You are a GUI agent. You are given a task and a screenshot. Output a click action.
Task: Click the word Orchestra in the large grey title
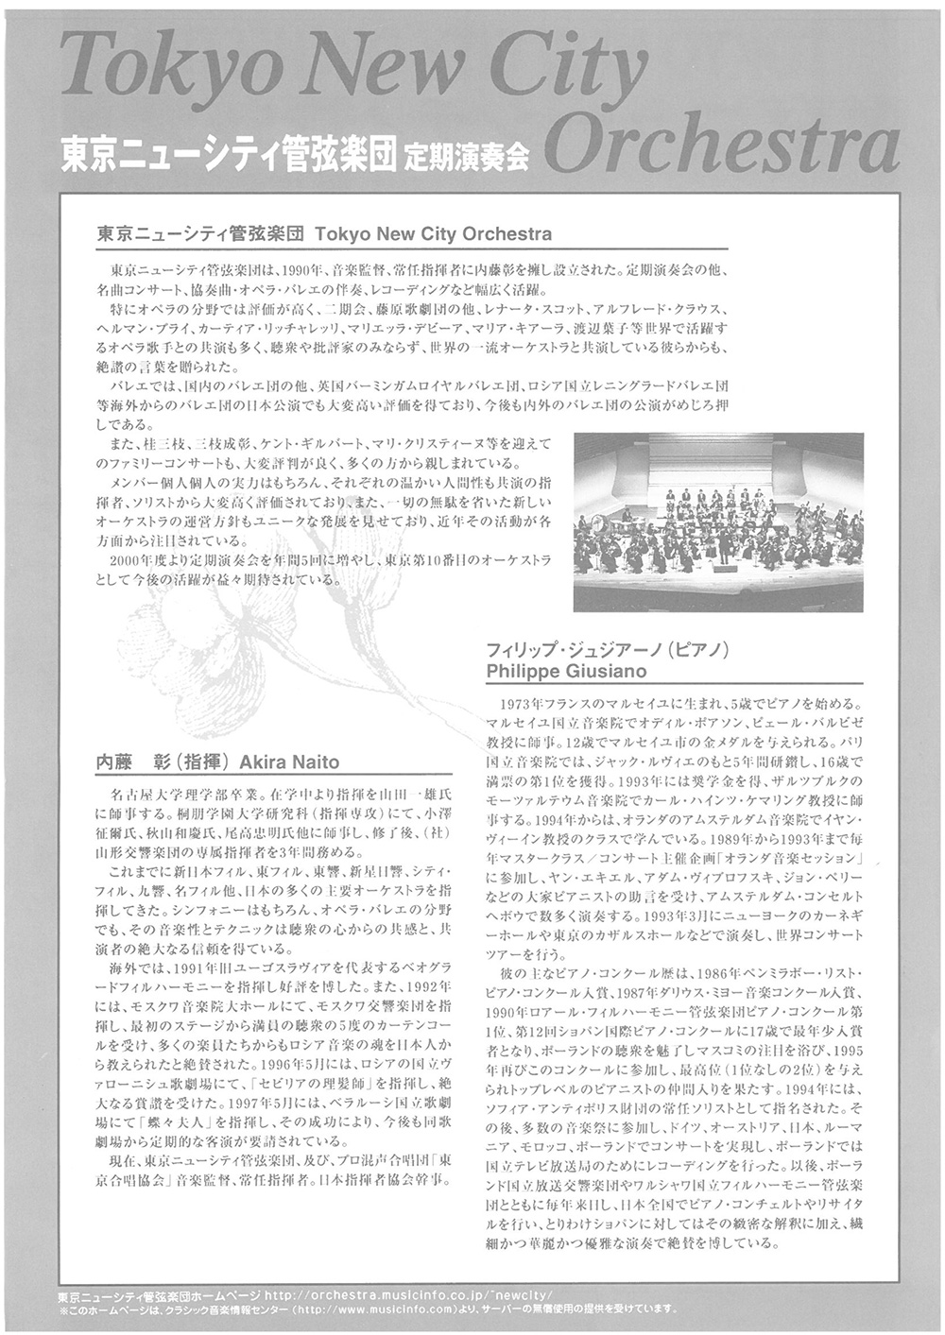(722, 144)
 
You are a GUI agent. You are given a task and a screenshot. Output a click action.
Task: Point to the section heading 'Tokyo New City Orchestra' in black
(431, 232)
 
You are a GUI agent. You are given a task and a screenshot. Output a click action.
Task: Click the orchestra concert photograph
(718, 522)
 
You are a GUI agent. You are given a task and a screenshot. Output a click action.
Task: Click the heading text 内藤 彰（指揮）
(156, 762)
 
